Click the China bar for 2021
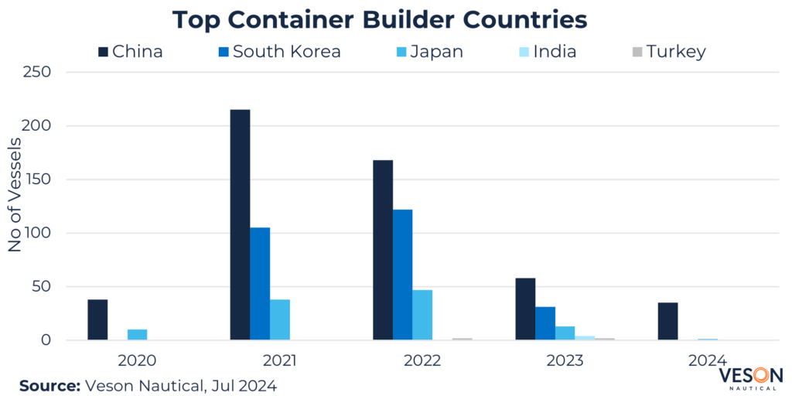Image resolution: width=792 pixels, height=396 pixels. (240, 224)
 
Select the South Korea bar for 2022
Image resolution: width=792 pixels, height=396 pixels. (402, 275)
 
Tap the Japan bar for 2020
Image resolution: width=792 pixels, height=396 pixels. (137, 335)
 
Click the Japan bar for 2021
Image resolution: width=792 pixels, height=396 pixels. (280, 319)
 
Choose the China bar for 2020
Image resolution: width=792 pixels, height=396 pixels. (97, 319)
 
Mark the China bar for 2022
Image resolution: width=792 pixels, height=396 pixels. (382, 250)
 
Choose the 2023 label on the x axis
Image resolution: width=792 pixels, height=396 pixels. (565, 360)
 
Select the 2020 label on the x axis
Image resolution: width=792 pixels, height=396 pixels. (137, 360)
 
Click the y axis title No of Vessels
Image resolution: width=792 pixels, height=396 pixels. (15, 206)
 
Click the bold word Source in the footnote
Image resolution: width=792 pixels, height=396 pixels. (48, 384)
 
